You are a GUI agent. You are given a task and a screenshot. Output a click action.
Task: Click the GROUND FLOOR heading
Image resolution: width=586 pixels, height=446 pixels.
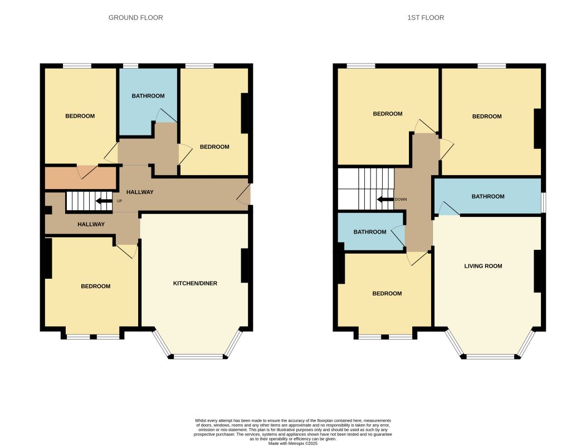(x=136, y=18)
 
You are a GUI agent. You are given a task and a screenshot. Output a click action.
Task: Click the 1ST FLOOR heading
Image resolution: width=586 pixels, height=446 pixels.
(x=426, y=18)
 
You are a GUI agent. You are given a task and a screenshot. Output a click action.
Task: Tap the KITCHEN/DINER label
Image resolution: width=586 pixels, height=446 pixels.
(x=195, y=283)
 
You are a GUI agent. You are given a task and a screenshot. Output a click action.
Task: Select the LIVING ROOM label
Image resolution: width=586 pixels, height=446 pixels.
(x=483, y=266)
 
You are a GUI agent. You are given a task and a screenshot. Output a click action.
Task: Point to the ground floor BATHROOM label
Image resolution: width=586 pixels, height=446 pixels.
(x=148, y=96)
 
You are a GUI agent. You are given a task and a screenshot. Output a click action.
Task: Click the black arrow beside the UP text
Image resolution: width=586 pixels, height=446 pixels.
(x=104, y=201)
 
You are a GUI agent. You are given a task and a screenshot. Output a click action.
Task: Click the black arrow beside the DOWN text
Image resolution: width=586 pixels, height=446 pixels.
(x=385, y=200)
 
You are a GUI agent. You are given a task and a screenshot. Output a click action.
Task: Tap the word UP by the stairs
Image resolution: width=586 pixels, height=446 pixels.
(x=120, y=201)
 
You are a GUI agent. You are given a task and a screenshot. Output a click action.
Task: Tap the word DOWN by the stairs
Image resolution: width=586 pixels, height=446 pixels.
(x=401, y=200)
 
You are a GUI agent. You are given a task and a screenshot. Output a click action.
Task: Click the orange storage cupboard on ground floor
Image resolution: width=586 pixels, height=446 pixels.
(x=80, y=178)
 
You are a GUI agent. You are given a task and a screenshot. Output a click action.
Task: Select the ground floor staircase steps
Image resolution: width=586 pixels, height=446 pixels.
(x=89, y=201)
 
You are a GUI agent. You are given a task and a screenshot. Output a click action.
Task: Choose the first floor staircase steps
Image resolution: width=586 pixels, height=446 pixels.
(x=367, y=189)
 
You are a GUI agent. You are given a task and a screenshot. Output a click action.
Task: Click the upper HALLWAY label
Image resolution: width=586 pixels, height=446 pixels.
(x=140, y=192)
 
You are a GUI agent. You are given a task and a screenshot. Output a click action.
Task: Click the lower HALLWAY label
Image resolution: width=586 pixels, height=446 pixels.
(x=91, y=224)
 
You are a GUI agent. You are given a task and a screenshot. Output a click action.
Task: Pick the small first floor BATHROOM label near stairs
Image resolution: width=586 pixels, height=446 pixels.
(x=370, y=232)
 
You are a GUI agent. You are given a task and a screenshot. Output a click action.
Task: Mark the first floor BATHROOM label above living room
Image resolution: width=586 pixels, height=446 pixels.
(x=488, y=196)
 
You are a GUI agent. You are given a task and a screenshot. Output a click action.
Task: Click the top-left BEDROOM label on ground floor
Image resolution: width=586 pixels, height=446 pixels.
(x=80, y=116)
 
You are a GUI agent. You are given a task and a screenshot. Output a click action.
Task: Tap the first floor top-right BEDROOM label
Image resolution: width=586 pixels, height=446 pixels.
(x=487, y=117)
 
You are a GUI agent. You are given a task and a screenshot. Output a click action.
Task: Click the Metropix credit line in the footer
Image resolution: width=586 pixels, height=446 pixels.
(x=293, y=443)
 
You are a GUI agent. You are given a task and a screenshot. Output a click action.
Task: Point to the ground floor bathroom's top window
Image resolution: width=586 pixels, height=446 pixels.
(x=130, y=66)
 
